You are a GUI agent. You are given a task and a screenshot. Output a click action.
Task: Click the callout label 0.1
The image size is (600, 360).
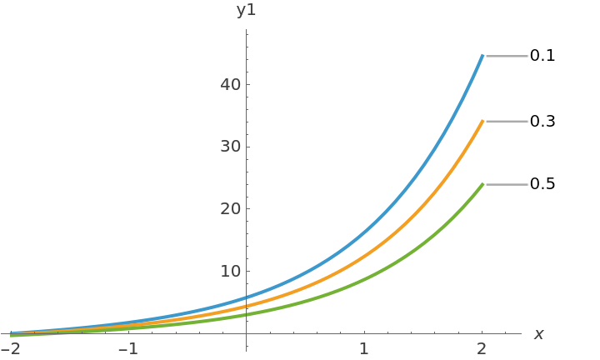click(542, 56)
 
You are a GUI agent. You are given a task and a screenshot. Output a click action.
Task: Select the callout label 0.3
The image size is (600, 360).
click(542, 121)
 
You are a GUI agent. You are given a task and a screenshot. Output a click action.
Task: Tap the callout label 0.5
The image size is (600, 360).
click(542, 183)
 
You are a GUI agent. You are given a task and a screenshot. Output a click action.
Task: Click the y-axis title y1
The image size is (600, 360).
click(246, 10)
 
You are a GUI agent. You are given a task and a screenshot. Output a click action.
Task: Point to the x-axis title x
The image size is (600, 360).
click(538, 334)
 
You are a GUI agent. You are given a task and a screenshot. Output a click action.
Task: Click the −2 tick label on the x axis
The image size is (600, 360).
click(11, 348)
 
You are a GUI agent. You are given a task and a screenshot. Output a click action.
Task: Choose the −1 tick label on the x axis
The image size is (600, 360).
click(127, 348)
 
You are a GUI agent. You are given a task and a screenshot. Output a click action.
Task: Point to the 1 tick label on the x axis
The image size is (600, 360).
click(364, 348)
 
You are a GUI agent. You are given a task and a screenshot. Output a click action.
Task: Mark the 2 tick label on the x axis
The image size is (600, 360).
click(482, 348)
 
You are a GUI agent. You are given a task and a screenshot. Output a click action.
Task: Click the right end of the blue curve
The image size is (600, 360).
click(482, 56)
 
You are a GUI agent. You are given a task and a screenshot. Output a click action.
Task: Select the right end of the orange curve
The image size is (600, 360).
click(482, 121)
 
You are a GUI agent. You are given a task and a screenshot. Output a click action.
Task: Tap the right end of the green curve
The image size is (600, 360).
click(482, 184)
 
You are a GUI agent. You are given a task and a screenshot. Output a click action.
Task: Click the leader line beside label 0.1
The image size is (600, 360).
click(507, 56)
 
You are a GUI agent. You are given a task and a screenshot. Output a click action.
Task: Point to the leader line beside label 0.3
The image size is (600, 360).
click(507, 121)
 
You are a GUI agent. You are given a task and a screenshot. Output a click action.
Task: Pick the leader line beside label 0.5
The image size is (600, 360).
click(507, 184)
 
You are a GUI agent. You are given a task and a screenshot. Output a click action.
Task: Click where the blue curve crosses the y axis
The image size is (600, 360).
click(247, 297)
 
